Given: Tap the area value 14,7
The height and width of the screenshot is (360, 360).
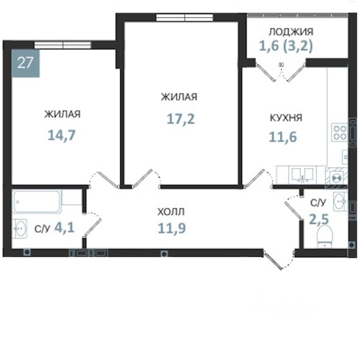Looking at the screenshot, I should point(61,135).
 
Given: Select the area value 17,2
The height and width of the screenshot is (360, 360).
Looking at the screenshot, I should point(181,119).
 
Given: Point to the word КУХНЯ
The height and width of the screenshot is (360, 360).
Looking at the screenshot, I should point(286,118).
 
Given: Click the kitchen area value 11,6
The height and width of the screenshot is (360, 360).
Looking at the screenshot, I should point(283,137).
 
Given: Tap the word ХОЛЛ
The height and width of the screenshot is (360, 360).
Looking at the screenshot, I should point(171,212).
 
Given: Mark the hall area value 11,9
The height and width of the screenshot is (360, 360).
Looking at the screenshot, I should point(172,228).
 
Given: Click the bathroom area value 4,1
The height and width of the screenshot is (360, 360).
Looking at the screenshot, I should point(64,228).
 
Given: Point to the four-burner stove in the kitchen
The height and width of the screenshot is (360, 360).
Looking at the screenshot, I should point(339,132).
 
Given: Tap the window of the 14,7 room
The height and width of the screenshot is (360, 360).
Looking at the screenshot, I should point(63,45).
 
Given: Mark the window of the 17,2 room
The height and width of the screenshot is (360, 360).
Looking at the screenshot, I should point(184,17).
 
